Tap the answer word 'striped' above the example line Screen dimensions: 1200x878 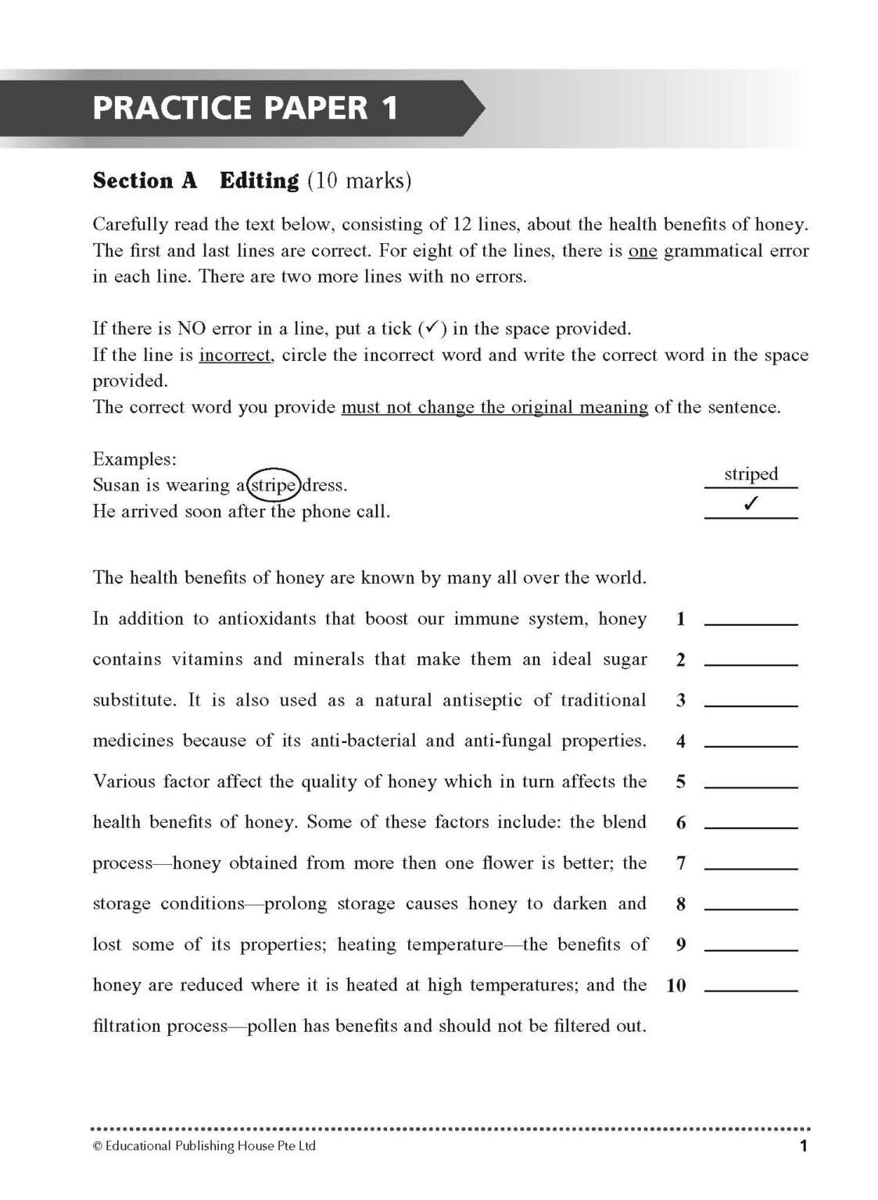point(751,474)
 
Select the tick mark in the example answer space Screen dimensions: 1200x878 point(751,505)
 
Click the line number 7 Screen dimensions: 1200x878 point(681,863)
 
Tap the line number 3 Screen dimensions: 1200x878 point(681,701)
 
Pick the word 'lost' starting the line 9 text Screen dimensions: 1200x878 point(107,945)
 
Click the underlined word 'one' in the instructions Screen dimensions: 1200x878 point(643,252)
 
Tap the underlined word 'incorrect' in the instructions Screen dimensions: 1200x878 point(235,355)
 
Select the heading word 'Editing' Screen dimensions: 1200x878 point(259,181)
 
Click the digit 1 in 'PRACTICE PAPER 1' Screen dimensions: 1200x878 point(389,107)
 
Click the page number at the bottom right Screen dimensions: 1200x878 point(803,1147)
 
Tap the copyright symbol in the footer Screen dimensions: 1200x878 point(97,1147)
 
